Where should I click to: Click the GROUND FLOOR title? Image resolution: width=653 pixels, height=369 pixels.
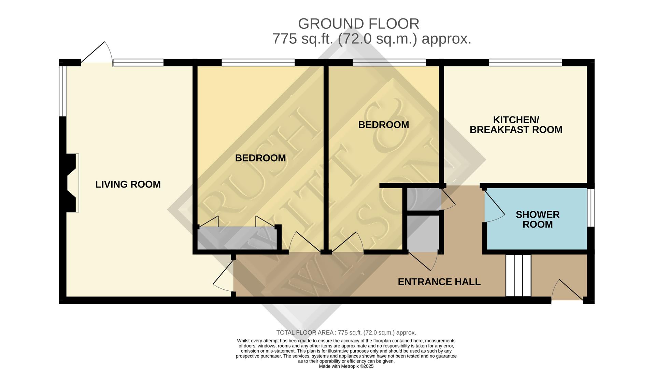[x=358, y=24]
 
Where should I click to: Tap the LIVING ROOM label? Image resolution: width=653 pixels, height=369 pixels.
[x=128, y=184]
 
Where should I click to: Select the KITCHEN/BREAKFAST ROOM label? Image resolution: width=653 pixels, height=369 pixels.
[x=516, y=125]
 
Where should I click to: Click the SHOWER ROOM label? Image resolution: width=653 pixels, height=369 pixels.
[x=537, y=219]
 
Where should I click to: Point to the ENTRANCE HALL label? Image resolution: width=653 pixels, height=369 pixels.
[x=439, y=282]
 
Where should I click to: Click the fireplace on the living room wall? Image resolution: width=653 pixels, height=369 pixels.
[x=72, y=183]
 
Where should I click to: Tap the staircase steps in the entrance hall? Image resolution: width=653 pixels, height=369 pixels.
[x=518, y=275]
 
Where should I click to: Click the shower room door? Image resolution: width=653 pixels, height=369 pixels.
[x=494, y=206]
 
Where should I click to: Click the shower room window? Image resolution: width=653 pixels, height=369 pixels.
[x=593, y=208]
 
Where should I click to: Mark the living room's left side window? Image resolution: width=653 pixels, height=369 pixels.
[x=62, y=91]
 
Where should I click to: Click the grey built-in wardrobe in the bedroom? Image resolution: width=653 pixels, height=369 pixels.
[x=238, y=238]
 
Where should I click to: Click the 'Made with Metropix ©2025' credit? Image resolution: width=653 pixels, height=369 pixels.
[x=346, y=366]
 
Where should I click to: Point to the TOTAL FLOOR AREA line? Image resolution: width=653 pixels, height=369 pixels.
[x=346, y=332]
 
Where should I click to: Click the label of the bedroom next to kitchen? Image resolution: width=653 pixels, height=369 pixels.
[x=383, y=125]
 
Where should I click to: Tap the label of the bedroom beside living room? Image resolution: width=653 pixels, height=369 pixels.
[x=260, y=158]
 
